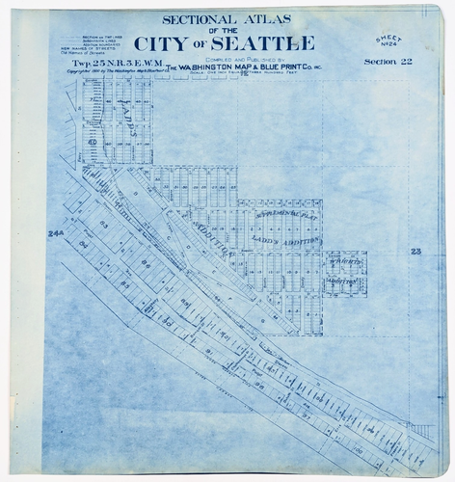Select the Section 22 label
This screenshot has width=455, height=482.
click(x=387, y=62)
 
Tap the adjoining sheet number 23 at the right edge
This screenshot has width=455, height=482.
click(x=415, y=251)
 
